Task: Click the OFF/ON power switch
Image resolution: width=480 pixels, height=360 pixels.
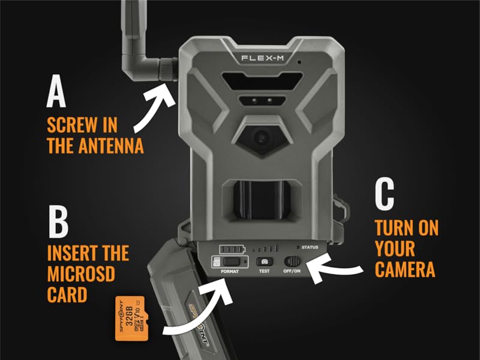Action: click(x=293, y=262)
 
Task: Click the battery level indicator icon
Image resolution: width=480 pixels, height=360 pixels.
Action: click(x=232, y=248)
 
